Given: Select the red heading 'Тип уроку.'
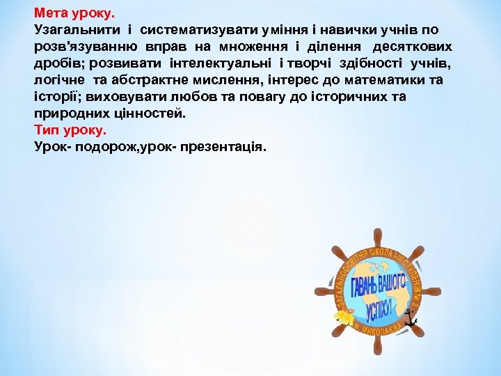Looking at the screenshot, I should pyautogui.click(x=70, y=130).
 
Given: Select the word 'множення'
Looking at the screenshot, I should pyautogui.click(x=250, y=47).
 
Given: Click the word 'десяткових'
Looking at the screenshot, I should pyautogui.click(x=413, y=47).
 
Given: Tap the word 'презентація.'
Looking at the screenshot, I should pyautogui.click(x=223, y=147).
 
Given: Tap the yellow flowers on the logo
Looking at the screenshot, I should pyautogui.click(x=344, y=317).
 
